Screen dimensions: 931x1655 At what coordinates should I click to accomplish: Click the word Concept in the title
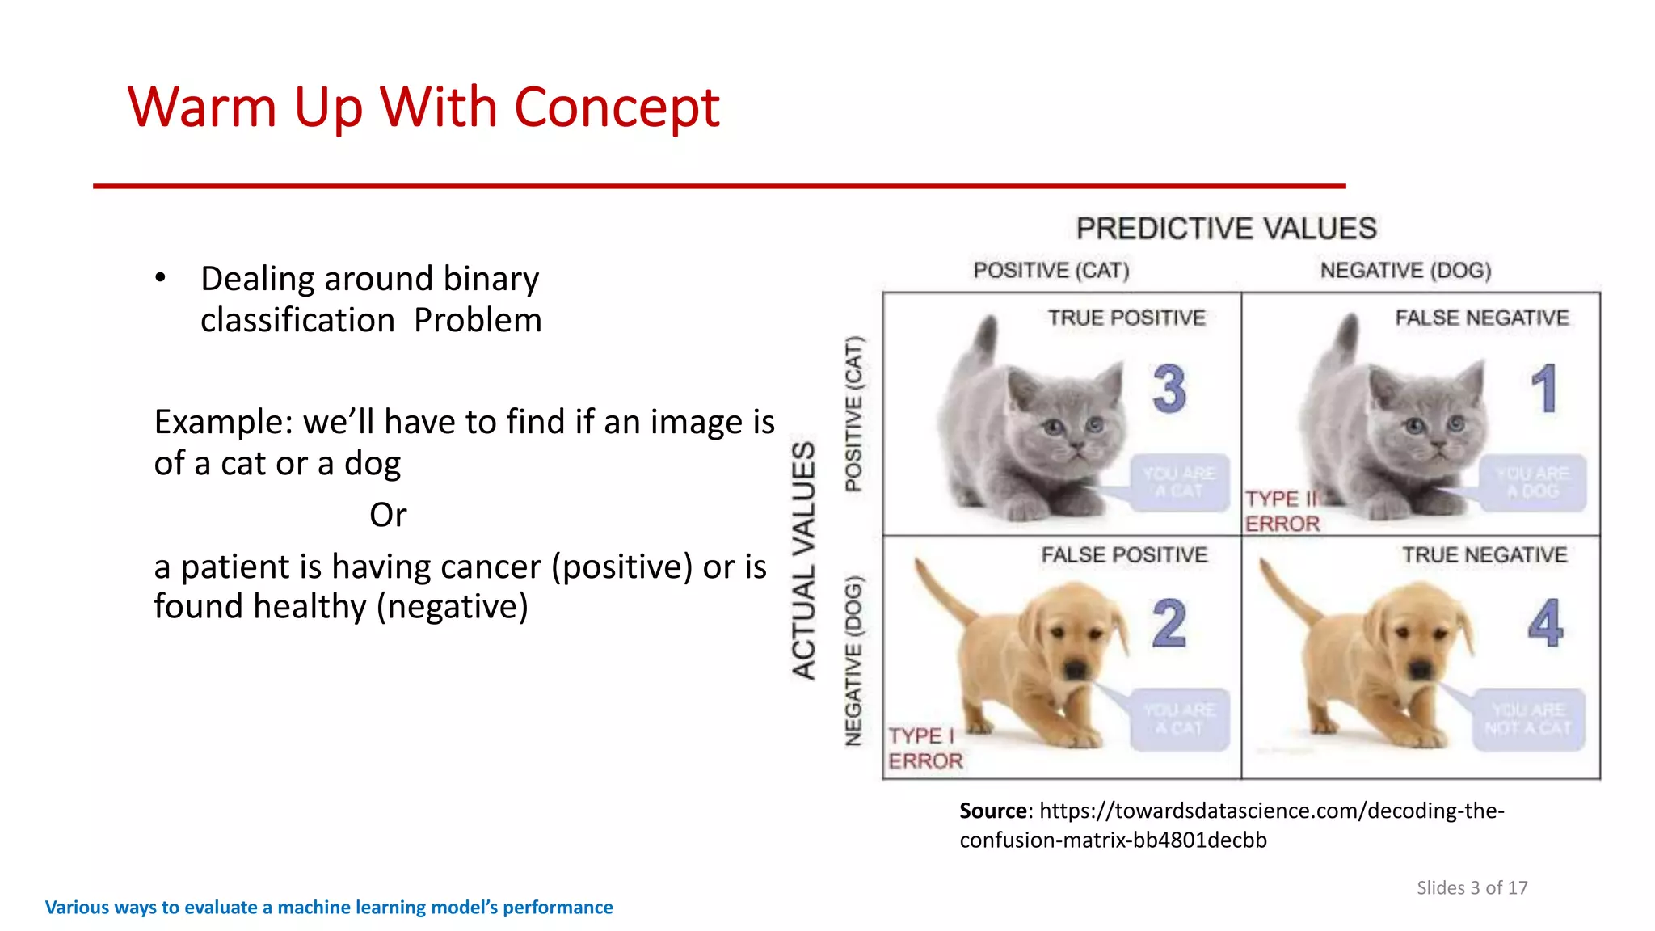tap(616, 108)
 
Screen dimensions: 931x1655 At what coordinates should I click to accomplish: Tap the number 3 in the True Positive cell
tap(1169, 389)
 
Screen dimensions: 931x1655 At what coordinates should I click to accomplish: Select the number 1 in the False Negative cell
tap(1543, 389)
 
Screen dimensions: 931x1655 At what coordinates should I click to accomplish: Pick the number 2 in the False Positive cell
tap(1169, 624)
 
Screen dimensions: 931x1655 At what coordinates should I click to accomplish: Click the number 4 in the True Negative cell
tap(1544, 624)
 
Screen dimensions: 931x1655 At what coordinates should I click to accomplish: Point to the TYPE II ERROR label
tap(1282, 511)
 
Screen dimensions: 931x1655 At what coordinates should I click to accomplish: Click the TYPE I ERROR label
tap(925, 748)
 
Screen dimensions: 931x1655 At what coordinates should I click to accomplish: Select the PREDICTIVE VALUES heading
tap(1226, 229)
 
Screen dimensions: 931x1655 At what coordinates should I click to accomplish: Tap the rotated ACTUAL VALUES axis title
tap(803, 559)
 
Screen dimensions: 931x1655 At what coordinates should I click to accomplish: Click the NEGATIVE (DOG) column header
tap(1405, 270)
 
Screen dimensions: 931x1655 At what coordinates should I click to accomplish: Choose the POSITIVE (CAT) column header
tap(1051, 270)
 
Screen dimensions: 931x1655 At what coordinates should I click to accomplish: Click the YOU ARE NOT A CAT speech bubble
tap(1527, 718)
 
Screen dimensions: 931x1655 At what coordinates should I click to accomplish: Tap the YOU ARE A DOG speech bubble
tap(1532, 482)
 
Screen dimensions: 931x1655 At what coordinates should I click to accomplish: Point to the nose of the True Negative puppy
tap(1420, 668)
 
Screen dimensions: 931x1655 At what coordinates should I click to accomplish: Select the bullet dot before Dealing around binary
tap(160, 278)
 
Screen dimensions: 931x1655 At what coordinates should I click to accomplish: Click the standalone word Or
tap(388, 515)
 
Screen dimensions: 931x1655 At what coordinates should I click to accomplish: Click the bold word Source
tap(993, 811)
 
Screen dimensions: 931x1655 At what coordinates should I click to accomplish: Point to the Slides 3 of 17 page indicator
tap(1472, 887)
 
